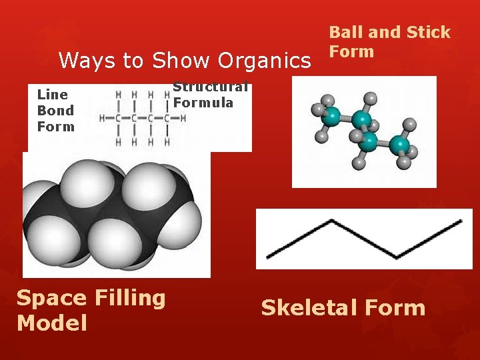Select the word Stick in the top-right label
[x=427, y=33]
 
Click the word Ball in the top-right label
[x=346, y=33]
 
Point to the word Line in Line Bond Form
[x=53, y=95]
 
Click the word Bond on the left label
[x=55, y=111]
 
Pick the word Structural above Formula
[x=211, y=87]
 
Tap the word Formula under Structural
[x=203, y=103]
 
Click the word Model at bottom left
[x=52, y=323]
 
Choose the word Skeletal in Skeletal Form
[x=305, y=308]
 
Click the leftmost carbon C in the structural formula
[x=119, y=118]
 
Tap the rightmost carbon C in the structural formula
[x=167, y=118]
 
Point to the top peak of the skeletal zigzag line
[x=332, y=221]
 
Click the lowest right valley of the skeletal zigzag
[x=397, y=257]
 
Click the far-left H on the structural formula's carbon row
[x=102, y=118]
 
